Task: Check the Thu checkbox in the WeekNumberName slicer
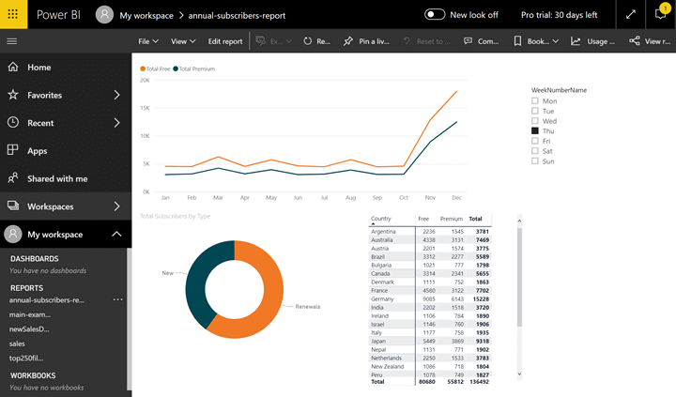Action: pyautogui.click(x=535, y=131)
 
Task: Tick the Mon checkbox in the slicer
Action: pyautogui.click(x=535, y=100)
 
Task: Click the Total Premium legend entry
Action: pyautogui.click(x=196, y=69)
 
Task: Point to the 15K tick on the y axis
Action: pyautogui.click(x=145, y=108)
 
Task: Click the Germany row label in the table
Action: pyautogui.click(x=383, y=298)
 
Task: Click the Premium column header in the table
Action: pyautogui.click(x=452, y=219)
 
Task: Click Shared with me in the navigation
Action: pyautogui.click(x=56, y=178)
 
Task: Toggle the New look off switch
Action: pyautogui.click(x=435, y=15)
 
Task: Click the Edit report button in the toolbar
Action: pyautogui.click(x=224, y=41)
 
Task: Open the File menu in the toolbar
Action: pyautogui.click(x=147, y=41)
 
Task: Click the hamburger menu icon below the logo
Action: pyautogui.click(x=12, y=41)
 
